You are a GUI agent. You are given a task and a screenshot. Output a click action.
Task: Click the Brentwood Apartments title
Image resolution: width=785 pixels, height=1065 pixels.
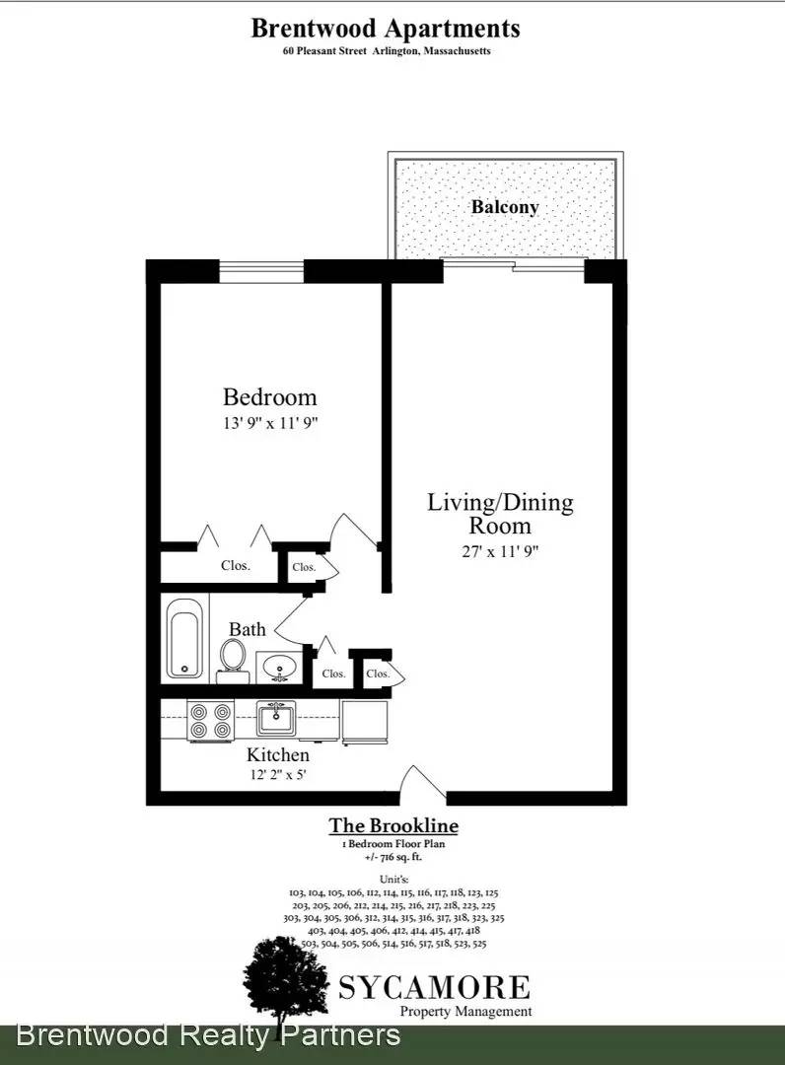pyautogui.click(x=386, y=29)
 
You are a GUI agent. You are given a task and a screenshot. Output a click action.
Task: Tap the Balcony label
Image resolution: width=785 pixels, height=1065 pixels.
pyautogui.click(x=505, y=207)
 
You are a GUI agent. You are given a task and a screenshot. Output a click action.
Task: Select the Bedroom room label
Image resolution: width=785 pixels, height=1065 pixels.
pyautogui.click(x=269, y=397)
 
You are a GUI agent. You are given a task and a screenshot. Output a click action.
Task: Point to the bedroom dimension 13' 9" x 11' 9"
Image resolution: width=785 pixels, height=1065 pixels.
pyautogui.click(x=270, y=423)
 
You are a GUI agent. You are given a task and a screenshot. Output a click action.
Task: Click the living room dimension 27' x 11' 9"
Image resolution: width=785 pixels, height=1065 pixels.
pyautogui.click(x=500, y=551)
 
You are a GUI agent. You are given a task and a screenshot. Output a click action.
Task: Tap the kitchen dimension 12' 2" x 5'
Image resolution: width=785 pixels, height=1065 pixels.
pyautogui.click(x=278, y=774)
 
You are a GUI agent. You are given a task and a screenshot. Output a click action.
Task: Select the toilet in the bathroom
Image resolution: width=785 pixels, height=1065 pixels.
pyautogui.click(x=233, y=660)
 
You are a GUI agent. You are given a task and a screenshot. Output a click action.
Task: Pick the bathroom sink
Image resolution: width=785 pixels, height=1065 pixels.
pyautogui.click(x=278, y=667)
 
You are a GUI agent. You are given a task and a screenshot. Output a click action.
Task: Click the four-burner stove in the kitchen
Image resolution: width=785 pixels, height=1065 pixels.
pyautogui.click(x=210, y=721)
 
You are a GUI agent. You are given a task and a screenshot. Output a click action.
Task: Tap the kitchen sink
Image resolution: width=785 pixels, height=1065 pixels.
pyautogui.click(x=276, y=719)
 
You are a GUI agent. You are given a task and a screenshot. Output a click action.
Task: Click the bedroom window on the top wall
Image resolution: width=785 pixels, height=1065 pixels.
pyautogui.click(x=261, y=272)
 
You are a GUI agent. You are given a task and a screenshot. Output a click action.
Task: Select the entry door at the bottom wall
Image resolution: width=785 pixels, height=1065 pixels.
pyautogui.click(x=423, y=787)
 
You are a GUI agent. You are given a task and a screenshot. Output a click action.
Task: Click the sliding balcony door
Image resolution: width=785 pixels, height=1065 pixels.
pyautogui.click(x=514, y=265)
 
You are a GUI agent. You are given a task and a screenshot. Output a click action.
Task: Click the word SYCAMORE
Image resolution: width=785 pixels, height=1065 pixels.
pyautogui.click(x=435, y=987)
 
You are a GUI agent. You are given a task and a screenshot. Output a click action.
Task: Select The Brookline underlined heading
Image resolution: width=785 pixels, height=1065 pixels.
pyautogui.click(x=393, y=825)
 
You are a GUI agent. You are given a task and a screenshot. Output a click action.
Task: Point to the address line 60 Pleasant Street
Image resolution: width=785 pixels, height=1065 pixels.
pyautogui.click(x=387, y=51)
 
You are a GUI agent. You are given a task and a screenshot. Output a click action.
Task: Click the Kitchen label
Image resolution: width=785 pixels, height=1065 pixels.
pyautogui.click(x=278, y=754)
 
